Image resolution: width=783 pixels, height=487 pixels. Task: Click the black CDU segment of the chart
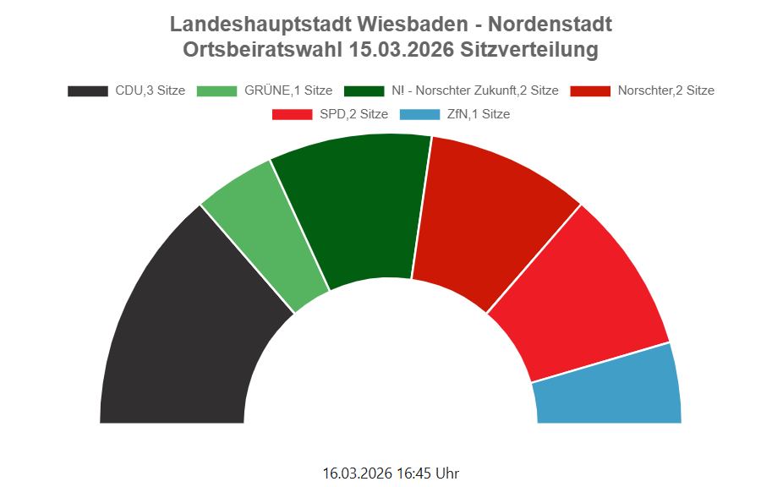(186, 338)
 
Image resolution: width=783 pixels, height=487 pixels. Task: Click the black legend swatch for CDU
(88, 90)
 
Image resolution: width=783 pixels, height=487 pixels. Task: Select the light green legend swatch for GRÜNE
(216, 90)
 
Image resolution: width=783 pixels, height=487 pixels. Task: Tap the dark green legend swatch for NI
(364, 90)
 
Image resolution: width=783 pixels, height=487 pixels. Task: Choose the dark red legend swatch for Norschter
(590, 90)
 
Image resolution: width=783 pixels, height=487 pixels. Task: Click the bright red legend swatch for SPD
(293, 113)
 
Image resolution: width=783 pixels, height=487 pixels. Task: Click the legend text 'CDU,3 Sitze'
(150, 90)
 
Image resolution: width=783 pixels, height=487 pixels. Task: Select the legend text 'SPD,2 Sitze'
(354, 113)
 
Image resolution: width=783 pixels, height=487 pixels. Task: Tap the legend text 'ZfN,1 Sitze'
(478, 113)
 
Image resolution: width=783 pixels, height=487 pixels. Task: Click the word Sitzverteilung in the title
(529, 49)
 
